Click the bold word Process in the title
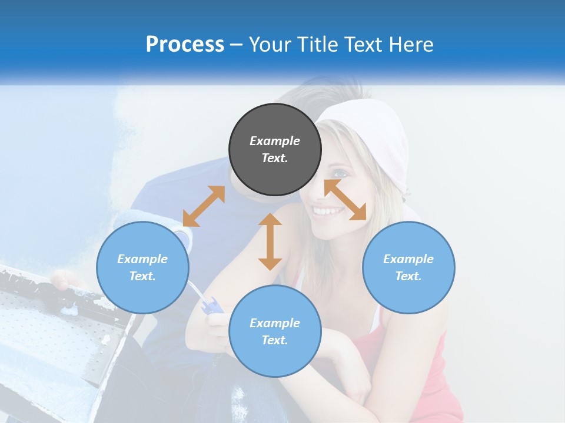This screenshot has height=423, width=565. pyautogui.click(x=185, y=45)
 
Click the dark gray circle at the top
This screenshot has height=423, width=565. pyautogui.click(x=275, y=149)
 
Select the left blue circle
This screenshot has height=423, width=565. pyautogui.click(x=142, y=267)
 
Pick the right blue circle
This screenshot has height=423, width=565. pyautogui.click(x=408, y=267)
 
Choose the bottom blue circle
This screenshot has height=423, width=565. pyautogui.click(x=275, y=331)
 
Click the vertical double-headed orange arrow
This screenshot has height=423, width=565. pyautogui.click(x=270, y=241)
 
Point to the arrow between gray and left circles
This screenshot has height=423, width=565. pyautogui.click(x=204, y=206)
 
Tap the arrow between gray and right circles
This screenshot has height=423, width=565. pyautogui.click(x=345, y=200)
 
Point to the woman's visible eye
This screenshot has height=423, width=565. pyautogui.click(x=340, y=174)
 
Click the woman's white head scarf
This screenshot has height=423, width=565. pyautogui.click(x=377, y=135)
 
